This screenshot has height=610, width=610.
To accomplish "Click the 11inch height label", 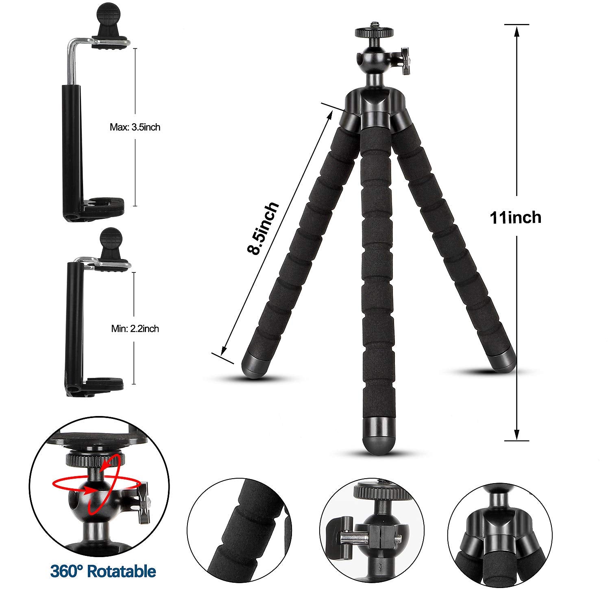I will tap(516, 218).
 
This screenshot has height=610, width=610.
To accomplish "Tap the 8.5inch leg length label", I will tap(264, 229).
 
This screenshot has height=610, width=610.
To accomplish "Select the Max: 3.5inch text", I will tap(135, 127).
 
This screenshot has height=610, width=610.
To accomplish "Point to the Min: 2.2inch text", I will tap(135, 329).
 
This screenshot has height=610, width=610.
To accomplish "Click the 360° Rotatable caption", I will tap(103, 571).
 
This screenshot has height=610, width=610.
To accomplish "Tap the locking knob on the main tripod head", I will tap(405, 61).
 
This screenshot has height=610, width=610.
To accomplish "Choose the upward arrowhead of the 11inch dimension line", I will tap(516, 31).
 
